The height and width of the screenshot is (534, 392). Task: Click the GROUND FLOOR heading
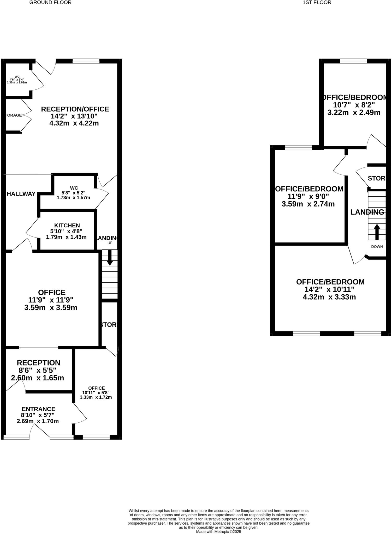click(50, 3)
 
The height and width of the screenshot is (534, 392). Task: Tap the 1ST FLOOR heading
click(317, 3)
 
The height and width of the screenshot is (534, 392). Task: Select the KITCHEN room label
click(67, 225)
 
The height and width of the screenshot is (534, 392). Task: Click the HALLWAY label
click(21, 194)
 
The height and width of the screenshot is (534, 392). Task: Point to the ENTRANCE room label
click(38, 409)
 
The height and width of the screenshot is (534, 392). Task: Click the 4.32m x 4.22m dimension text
click(74, 123)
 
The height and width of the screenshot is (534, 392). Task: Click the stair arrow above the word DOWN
click(377, 232)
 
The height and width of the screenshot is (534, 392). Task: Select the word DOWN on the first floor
click(377, 247)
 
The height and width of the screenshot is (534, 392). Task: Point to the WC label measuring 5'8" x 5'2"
click(74, 188)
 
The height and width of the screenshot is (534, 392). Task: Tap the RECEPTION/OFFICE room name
click(75, 109)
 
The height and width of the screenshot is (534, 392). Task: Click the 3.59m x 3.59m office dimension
click(51, 307)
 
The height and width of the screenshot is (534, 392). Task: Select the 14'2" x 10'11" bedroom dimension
click(329, 289)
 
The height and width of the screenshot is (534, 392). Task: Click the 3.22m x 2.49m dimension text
click(354, 112)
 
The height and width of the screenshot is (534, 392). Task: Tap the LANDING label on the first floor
click(367, 212)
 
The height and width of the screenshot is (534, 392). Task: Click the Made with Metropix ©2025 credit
click(218, 531)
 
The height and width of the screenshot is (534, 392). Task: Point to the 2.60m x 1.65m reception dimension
click(37, 378)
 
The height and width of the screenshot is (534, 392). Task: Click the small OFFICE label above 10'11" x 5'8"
click(96, 388)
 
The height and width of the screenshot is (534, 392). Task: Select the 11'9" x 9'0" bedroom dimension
click(308, 196)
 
